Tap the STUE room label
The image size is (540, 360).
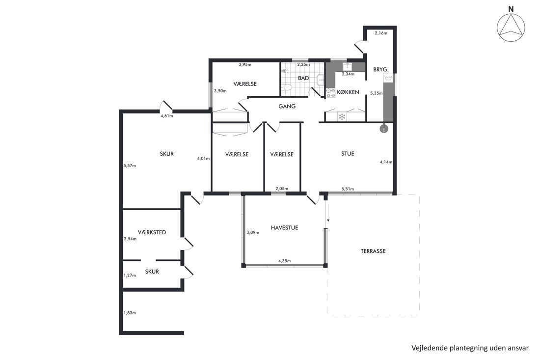pos(348,154)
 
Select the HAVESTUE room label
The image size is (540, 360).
pos(284,228)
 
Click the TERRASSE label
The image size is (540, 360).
pos(373,251)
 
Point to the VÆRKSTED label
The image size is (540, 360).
pos(152,232)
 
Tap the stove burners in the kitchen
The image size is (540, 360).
pos(330,93)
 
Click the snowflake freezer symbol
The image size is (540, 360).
pos(342,116)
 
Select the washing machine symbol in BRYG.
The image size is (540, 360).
pos(388,78)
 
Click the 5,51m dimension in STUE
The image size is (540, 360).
pos(348,189)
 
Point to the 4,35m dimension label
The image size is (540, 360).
pos(284,261)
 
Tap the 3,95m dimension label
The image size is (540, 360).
pos(245,64)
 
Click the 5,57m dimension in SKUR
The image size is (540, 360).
pos(130,166)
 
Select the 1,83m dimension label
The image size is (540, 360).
pos(130,313)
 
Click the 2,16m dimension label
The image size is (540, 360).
pos(381,33)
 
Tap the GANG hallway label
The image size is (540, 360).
pos(287,107)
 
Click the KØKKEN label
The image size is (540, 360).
pos(348,92)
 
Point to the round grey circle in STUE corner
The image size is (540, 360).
pos(383,129)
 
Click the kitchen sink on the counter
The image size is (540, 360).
pos(347,66)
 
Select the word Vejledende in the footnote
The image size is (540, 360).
pos(429,348)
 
